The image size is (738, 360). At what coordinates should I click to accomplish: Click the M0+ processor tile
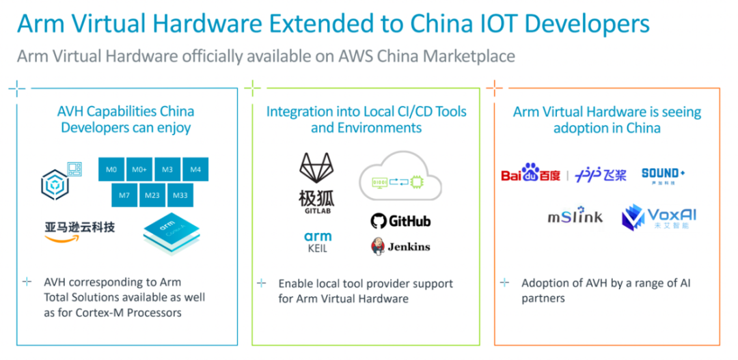140,169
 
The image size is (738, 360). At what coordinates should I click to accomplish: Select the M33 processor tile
181,195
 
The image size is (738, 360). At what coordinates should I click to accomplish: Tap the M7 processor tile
125,195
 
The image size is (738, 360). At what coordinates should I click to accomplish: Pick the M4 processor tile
195,169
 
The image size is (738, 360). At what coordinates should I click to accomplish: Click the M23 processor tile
153,195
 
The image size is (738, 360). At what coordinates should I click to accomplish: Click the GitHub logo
400,221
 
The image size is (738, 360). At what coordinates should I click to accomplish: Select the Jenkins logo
400,247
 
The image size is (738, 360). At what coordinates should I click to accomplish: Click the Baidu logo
531,174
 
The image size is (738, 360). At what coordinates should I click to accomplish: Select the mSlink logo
575,217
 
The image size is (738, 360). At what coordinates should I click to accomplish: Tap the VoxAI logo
659,217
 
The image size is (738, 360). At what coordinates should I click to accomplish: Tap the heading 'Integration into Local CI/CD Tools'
366,111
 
